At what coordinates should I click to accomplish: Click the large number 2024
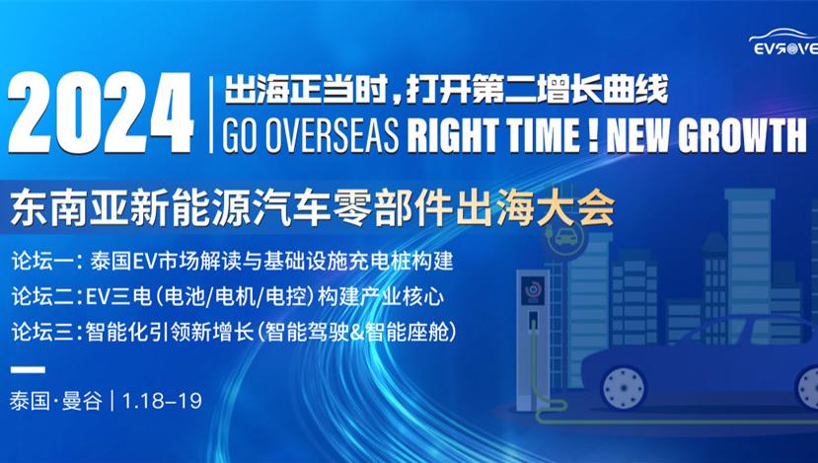(102, 114)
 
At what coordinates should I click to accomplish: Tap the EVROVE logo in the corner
(783, 42)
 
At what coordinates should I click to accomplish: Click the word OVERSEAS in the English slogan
(332, 135)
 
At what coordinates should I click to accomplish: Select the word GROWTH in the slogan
(742, 135)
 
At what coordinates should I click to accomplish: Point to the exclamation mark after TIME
(593, 135)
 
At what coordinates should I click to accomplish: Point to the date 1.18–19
(162, 401)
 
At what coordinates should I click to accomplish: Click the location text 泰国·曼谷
(56, 401)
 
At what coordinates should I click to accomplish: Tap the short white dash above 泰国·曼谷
(28, 369)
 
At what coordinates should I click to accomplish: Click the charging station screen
(533, 289)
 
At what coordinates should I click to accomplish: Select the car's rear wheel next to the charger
(624, 387)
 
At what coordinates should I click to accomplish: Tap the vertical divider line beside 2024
(211, 115)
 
